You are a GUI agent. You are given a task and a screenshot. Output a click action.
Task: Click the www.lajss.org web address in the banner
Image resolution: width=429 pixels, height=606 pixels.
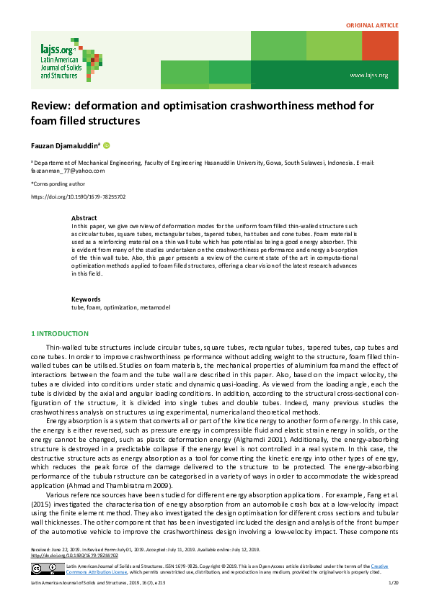368,75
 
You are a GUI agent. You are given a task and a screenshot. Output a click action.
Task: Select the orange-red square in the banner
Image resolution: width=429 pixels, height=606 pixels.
379,46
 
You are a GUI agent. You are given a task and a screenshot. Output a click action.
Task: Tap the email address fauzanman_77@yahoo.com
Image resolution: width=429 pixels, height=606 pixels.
67,171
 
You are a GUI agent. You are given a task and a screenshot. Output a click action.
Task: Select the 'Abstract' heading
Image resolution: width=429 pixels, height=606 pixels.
84,217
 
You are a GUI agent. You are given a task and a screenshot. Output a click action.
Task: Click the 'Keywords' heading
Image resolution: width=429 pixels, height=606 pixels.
85,299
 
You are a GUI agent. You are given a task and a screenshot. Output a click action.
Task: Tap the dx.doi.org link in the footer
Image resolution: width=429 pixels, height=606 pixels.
72,556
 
